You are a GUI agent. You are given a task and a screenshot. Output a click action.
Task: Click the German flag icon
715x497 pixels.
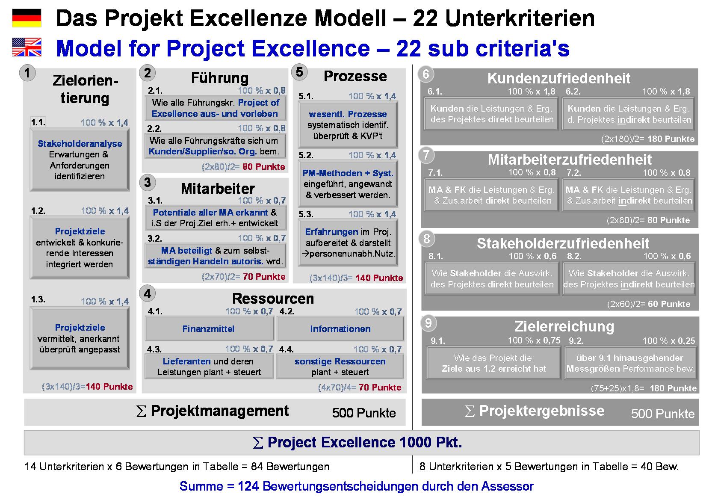[x=27, y=18]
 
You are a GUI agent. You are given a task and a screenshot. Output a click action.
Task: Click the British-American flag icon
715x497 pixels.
[x=27, y=47]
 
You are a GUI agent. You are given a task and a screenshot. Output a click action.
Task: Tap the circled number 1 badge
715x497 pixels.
[x=27, y=73]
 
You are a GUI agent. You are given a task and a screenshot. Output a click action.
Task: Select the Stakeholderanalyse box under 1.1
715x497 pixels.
[x=80, y=160]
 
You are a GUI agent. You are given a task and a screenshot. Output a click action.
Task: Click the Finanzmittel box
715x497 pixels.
[x=209, y=329]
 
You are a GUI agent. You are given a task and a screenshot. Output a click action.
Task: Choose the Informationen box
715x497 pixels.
[x=340, y=329]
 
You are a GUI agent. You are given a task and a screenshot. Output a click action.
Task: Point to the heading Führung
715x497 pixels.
[x=219, y=78]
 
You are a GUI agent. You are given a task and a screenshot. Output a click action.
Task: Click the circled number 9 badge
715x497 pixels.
[x=428, y=323]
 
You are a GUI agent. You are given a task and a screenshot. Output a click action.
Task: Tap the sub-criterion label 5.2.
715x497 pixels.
[x=306, y=155]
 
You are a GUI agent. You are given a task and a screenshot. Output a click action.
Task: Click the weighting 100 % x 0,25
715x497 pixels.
[x=668, y=341]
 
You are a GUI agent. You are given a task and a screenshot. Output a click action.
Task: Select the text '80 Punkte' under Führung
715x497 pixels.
[x=263, y=167]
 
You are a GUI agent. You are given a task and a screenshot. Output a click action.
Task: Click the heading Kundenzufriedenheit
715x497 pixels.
[x=558, y=78]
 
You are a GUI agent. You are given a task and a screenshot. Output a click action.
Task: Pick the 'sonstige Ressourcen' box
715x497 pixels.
[x=340, y=367]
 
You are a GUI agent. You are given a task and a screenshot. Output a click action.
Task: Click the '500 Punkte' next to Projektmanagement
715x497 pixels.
[x=363, y=413]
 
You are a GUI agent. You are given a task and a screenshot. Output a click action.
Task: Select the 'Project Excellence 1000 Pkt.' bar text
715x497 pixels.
[x=357, y=442]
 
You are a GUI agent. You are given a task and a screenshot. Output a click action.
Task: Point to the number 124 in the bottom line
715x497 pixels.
[x=248, y=486]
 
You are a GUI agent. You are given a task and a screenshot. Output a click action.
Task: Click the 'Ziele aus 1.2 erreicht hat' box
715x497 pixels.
[x=493, y=364]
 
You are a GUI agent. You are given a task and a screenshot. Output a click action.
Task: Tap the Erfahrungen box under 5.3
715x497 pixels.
[x=348, y=243]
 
